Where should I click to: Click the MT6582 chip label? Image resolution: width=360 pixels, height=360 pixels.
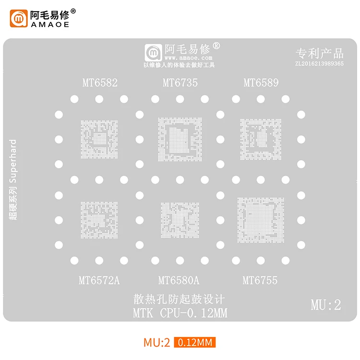point(99,83)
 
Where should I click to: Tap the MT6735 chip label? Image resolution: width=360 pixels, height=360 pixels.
point(180,83)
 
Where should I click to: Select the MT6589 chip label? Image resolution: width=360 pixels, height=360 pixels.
point(261,83)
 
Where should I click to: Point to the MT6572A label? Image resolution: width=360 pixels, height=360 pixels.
point(99,280)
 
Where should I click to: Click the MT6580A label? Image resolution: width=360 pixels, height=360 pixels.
point(179,280)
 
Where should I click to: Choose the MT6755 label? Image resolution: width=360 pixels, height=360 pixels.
point(260,280)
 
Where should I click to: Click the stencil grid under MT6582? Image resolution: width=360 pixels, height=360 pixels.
point(99,139)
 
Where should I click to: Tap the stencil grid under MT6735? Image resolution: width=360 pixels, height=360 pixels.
point(180,139)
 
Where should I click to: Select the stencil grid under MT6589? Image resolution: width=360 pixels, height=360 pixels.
point(261,139)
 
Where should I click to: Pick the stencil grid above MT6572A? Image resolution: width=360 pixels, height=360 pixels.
point(99,220)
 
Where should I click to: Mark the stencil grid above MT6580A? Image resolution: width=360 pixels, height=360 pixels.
point(180,220)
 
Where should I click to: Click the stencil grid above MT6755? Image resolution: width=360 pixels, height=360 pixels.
point(261,220)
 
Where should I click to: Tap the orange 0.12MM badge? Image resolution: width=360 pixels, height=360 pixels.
point(195,343)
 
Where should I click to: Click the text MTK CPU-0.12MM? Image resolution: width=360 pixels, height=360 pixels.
point(180,314)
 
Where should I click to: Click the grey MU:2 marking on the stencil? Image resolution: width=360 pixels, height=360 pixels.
point(325,304)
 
